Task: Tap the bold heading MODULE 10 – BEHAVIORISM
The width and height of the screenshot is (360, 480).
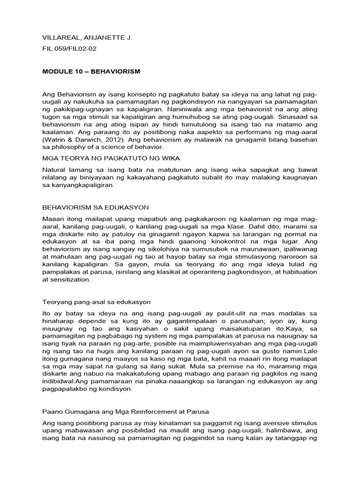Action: point(91,72)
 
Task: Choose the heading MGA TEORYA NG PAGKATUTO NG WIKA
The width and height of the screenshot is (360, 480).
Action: point(111,158)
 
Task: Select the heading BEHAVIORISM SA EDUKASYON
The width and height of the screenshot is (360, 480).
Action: point(96,207)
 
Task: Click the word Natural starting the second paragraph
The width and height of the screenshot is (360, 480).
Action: point(55,169)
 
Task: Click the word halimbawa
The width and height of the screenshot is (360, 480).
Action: point(278,431)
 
